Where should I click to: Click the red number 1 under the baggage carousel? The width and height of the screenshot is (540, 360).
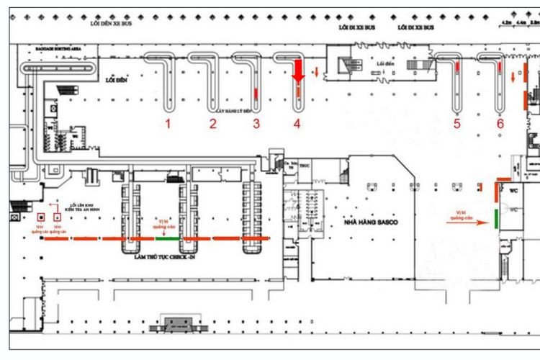coord(168,124)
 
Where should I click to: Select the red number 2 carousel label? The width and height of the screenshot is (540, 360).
coord(212,124)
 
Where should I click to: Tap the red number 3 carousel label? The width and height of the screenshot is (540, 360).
coord(256,124)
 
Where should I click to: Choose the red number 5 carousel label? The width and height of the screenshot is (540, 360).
coord(457,124)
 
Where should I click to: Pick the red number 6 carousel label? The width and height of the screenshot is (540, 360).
coord(500,124)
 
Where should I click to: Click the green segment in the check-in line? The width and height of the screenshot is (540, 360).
coord(168,238)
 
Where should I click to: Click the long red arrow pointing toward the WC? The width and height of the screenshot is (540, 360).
coord(468,222)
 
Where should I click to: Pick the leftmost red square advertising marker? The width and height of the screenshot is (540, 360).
coord(40,217)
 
